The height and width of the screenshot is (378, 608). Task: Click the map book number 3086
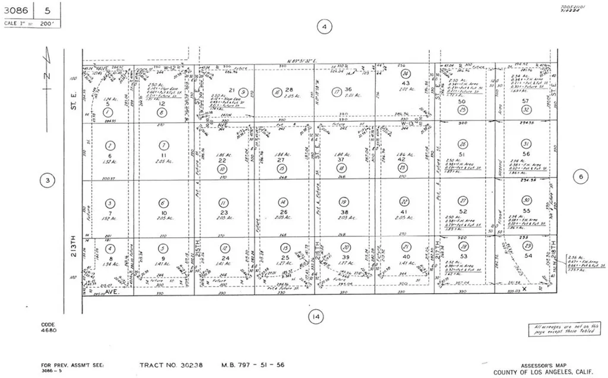click(17, 10)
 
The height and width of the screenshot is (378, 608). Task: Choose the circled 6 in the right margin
click(581, 176)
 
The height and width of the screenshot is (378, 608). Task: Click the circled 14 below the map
click(315, 317)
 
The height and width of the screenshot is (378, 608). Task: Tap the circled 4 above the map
click(324, 27)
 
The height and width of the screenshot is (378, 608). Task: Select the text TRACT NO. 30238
click(171, 366)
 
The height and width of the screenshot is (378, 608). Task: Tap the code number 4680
click(48, 330)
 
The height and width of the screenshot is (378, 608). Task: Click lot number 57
click(525, 101)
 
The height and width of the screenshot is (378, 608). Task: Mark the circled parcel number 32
click(525, 110)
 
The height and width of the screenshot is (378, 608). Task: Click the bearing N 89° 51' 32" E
click(303, 61)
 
